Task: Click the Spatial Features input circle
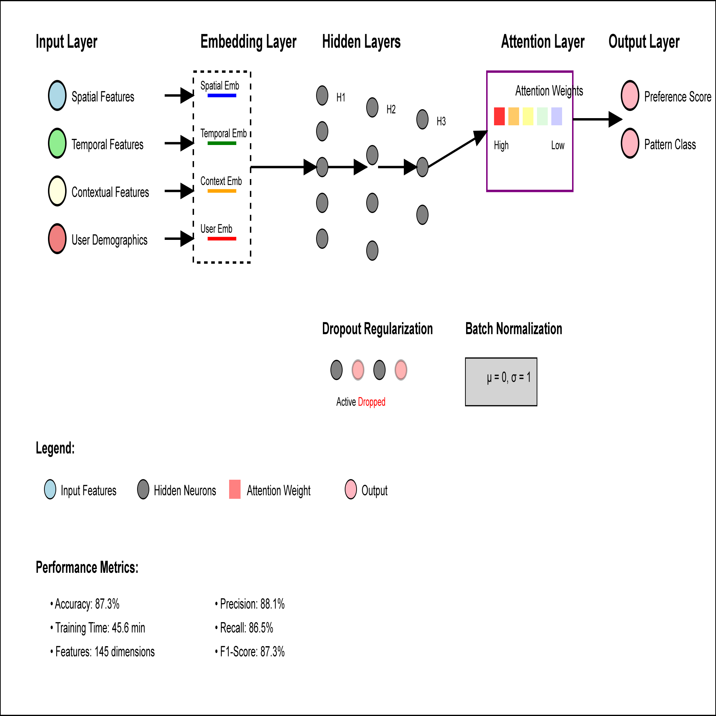pyautogui.click(x=57, y=96)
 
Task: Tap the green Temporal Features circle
pyautogui.click(x=57, y=143)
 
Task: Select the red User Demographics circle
pyautogui.click(x=57, y=239)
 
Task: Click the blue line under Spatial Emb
pyautogui.click(x=222, y=96)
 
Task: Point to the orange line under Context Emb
pyautogui.click(x=222, y=191)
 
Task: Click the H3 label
pyautogui.click(x=441, y=121)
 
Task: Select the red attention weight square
pyautogui.click(x=499, y=116)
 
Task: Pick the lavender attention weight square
pyautogui.click(x=556, y=116)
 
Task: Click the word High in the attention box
pyautogui.click(x=501, y=145)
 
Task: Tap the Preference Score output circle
pyautogui.click(x=630, y=96)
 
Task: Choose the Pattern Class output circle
pyautogui.click(x=630, y=143)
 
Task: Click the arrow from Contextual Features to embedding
pyautogui.click(x=179, y=191)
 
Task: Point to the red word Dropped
pyautogui.click(x=371, y=402)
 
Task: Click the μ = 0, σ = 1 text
pyautogui.click(x=508, y=378)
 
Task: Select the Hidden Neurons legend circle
pyautogui.click(x=143, y=489)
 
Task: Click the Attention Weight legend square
pyautogui.click(x=234, y=489)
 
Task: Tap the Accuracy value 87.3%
pyautogui.click(x=107, y=604)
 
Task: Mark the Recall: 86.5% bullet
pyautogui.click(x=246, y=628)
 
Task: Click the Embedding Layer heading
pyautogui.click(x=248, y=42)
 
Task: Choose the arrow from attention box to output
pyautogui.click(x=597, y=119)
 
